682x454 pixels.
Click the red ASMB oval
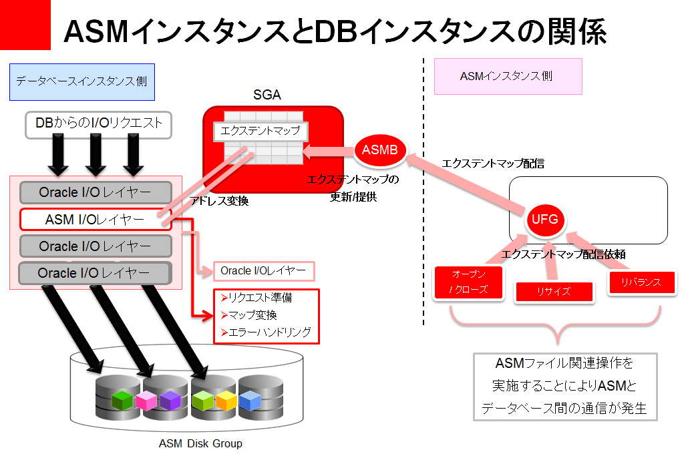(x=379, y=151)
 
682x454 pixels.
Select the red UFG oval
(x=545, y=219)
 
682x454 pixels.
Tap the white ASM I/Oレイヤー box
(x=96, y=220)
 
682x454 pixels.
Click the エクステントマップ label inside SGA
(x=261, y=131)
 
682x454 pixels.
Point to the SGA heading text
(x=267, y=95)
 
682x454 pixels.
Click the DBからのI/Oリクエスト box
(x=98, y=124)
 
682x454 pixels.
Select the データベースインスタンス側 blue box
(x=82, y=81)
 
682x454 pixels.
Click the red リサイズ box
(x=554, y=292)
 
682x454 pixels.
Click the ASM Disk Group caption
(x=200, y=443)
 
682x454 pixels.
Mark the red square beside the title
(x=25, y=25)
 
